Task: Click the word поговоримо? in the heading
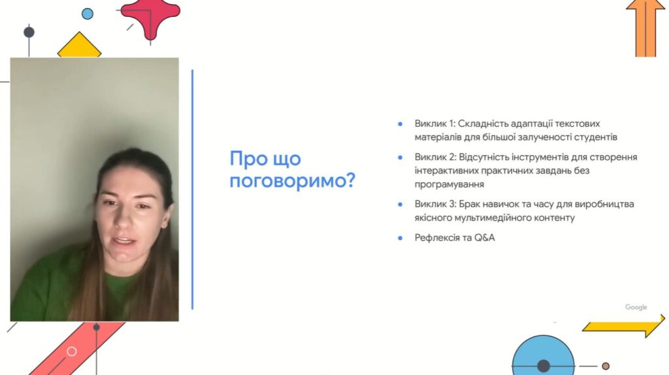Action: (292, 181)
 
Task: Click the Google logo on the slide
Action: (636, 307)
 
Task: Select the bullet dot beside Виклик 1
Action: (400, 124)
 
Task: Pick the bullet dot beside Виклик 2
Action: (400, 157)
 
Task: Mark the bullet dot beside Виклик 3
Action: (400, 204)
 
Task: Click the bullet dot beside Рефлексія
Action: (400, 238)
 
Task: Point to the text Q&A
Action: (485, 238)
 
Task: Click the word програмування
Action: (449, 185)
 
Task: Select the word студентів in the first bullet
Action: (596, 137)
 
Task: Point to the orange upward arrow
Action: (645, 28)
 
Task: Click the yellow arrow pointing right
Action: (623, 327)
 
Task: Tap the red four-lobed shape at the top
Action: (150, 17)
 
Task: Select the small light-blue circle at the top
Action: (88, 14)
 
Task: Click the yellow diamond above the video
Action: (79, 45)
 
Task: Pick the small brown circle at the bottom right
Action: (606, 366)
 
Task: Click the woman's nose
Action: (123, 218)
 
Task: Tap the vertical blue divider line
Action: (193, 189)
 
